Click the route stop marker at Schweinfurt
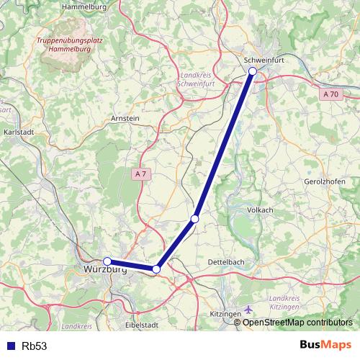[253, 71]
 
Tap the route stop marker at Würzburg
[107, 261]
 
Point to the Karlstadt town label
[20, 133]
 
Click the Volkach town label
[260, 210]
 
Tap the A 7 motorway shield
[140, 174]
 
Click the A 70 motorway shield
[330, 94]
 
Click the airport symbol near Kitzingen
[249, 310]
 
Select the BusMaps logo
[325, 345]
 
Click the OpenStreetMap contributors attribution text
[297, 323]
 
